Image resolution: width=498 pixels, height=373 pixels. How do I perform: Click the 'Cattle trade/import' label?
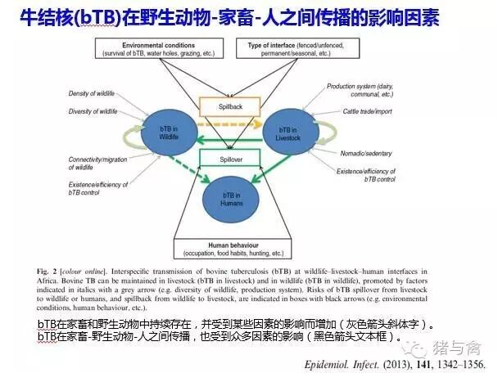354,111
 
